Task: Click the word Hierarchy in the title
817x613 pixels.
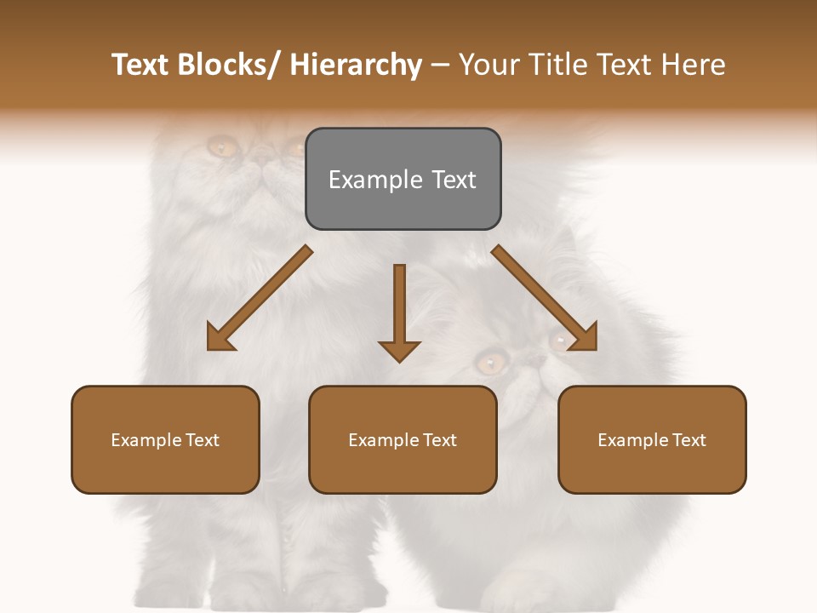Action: click(x=356, y=65)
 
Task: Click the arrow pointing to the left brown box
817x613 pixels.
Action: click(x=260, y=298)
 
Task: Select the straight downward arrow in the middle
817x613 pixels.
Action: click(x=399, y=306)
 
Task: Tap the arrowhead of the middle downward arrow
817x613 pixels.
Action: click(x=399, y=351)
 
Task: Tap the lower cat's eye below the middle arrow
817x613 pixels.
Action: click(x=489, y=364)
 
